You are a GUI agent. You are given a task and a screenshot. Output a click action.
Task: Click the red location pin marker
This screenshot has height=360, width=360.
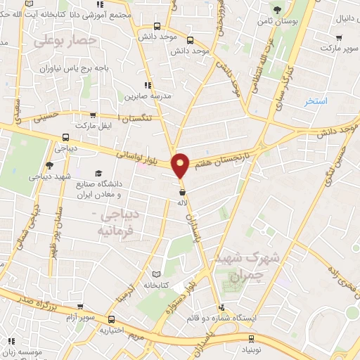[x=181, y=165]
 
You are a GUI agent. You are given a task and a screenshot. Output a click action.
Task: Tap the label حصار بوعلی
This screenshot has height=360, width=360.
[x=63, y=43]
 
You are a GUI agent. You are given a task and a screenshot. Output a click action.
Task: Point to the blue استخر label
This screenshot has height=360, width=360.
[x=317, y=101]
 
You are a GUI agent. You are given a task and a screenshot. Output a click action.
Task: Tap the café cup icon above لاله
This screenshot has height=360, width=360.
[x=182, y=191]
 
